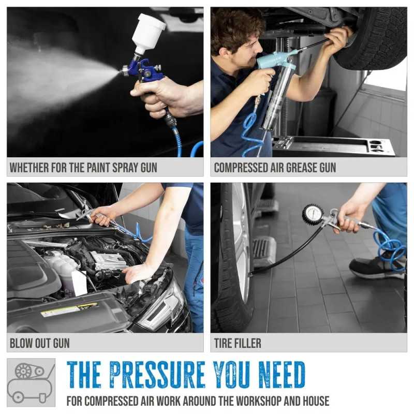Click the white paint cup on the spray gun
point(148,32)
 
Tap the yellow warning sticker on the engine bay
point(70,309)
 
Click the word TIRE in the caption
point(223,343)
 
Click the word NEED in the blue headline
point(282,374)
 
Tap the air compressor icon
point(31,382)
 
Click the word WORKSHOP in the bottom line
point(258,401)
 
